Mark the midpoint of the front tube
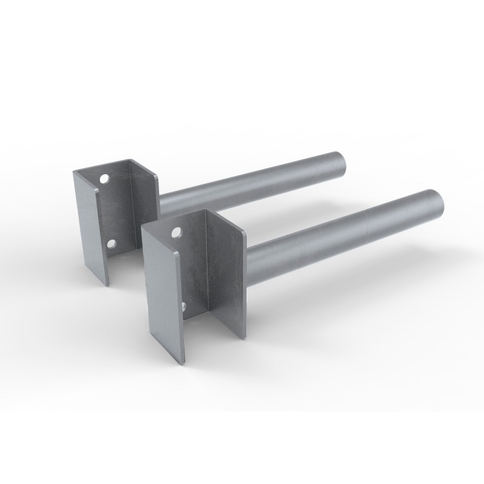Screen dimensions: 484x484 pyautogui.click(x=345, y=236)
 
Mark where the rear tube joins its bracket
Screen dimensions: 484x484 pyautogui.click(x=161, y=203)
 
